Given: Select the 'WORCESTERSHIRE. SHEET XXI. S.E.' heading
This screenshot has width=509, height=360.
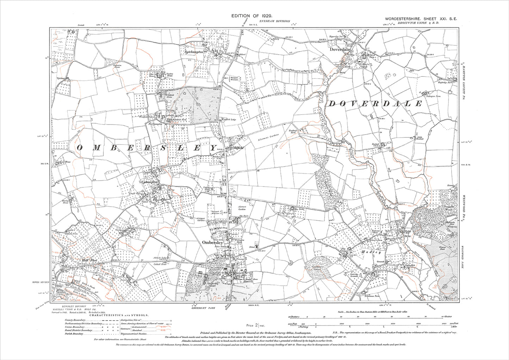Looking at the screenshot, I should tap(421, 19).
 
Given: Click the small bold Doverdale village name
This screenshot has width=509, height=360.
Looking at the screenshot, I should tap(340, 50).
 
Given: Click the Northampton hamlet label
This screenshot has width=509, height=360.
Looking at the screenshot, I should tap(155, 124).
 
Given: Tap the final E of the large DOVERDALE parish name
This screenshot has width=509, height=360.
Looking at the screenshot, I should tap(418, 104).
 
